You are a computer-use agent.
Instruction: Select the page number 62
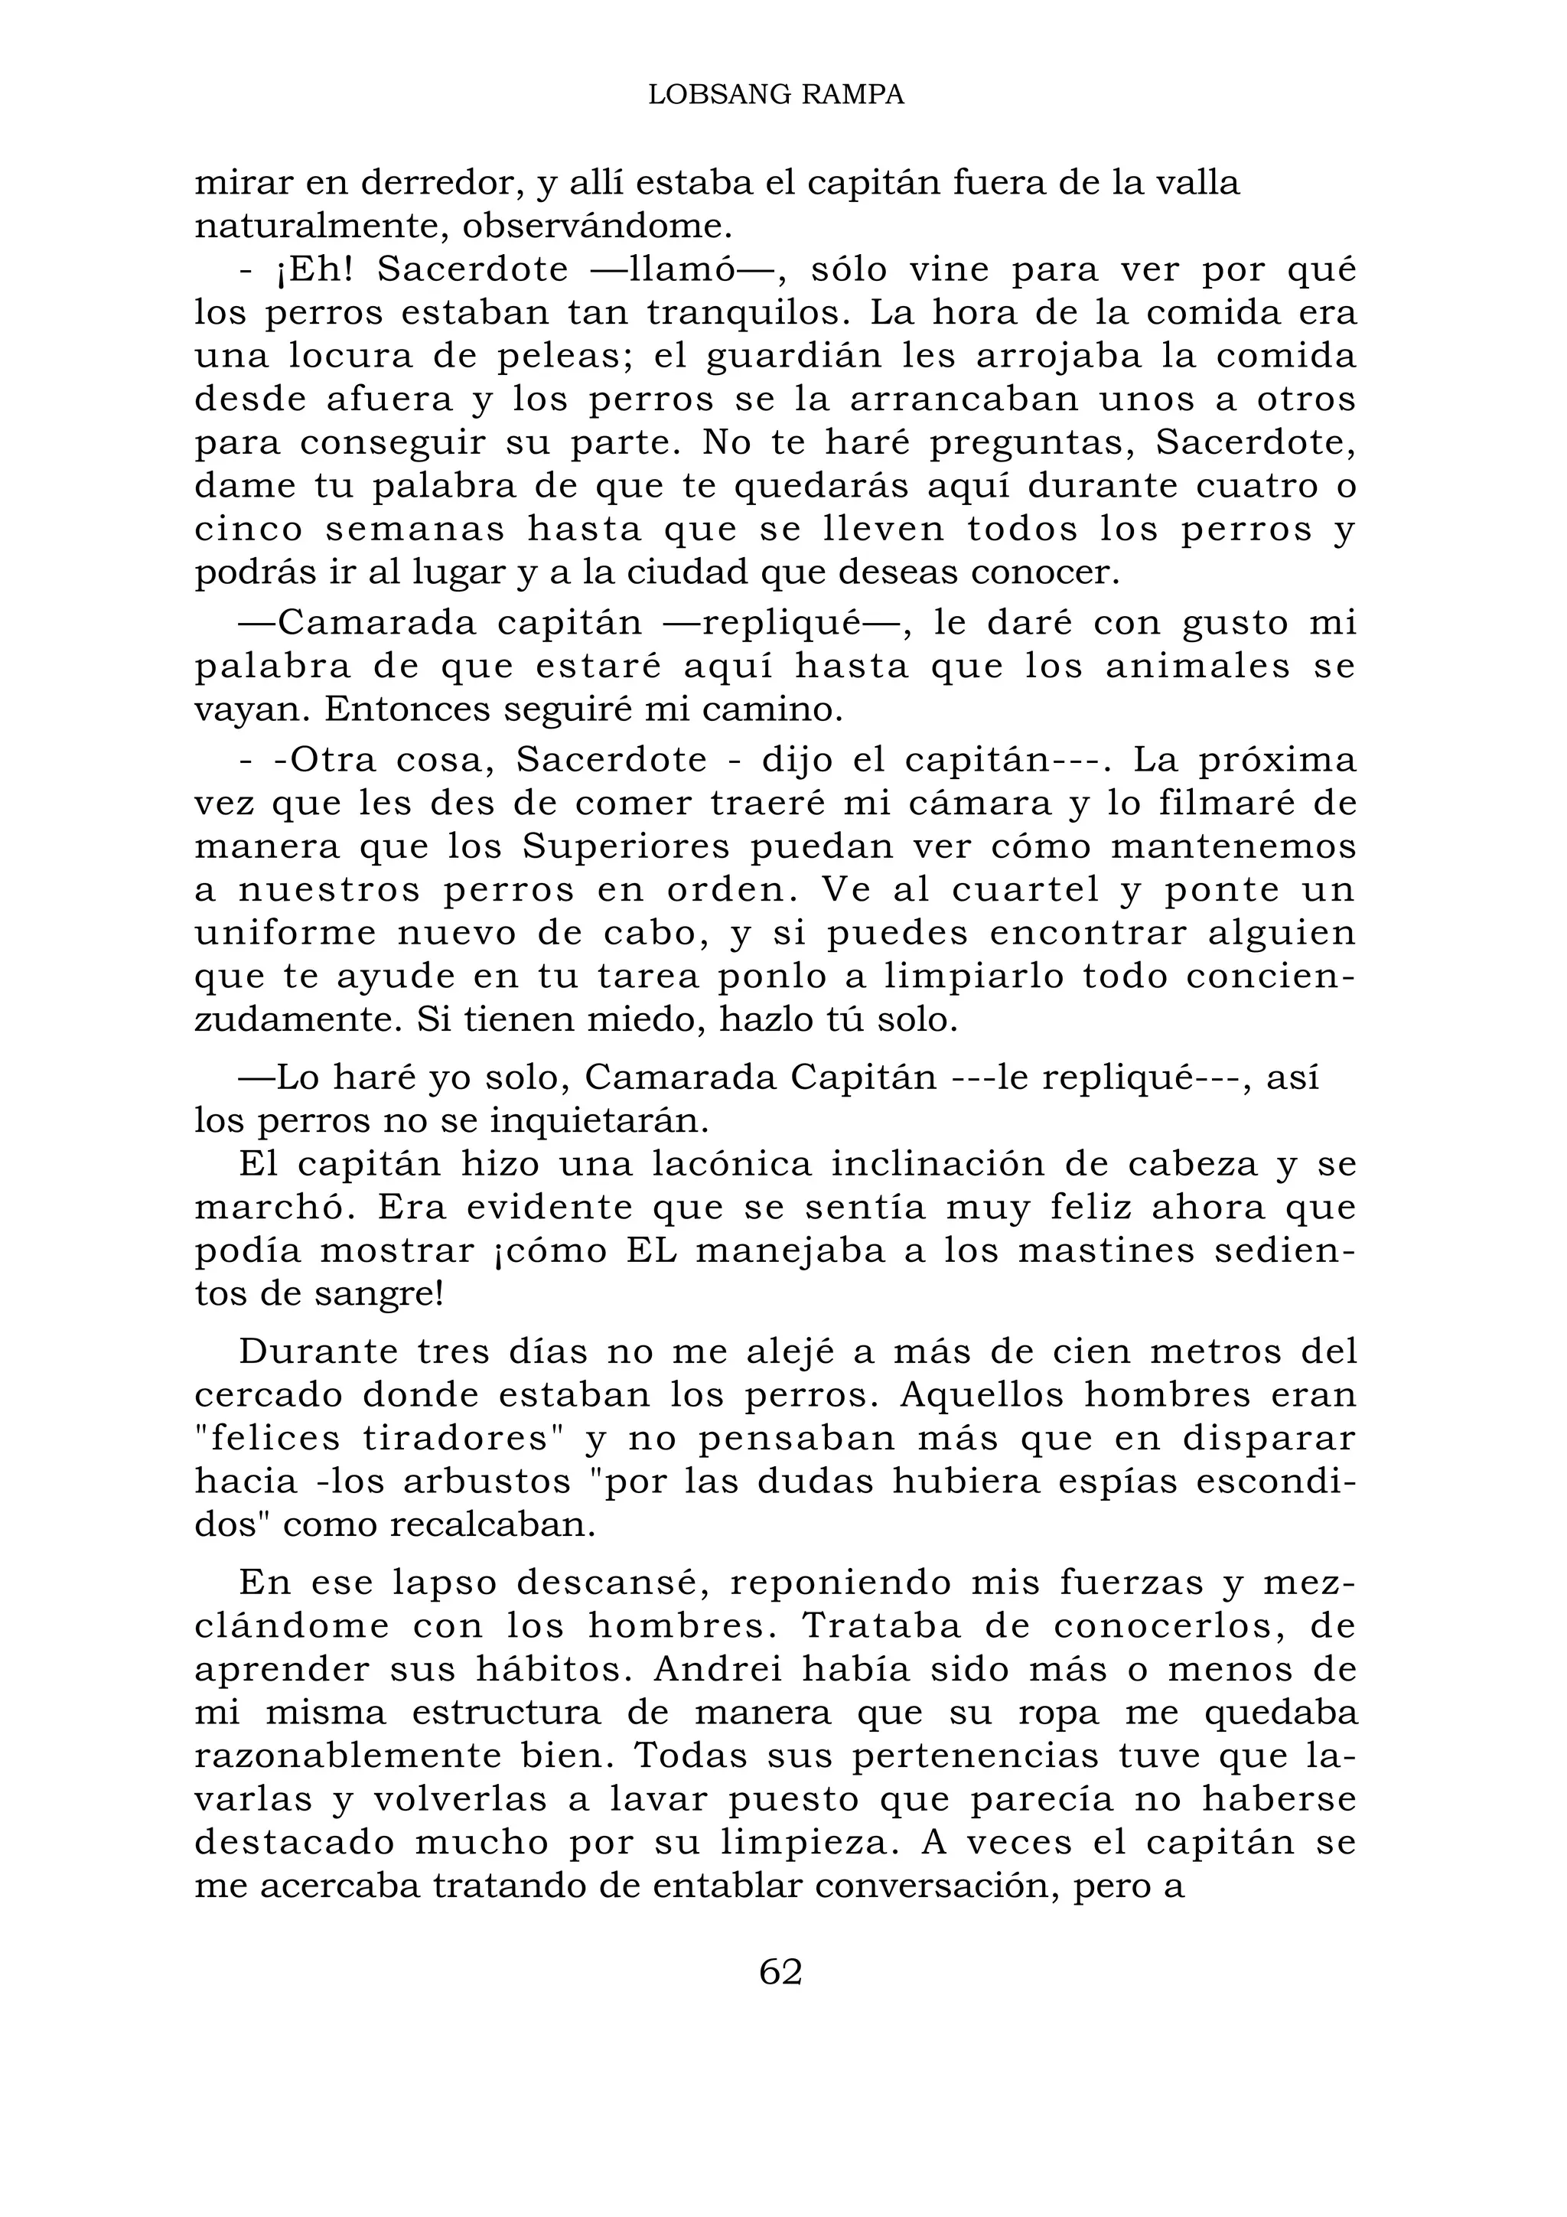tap(781, 1972)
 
